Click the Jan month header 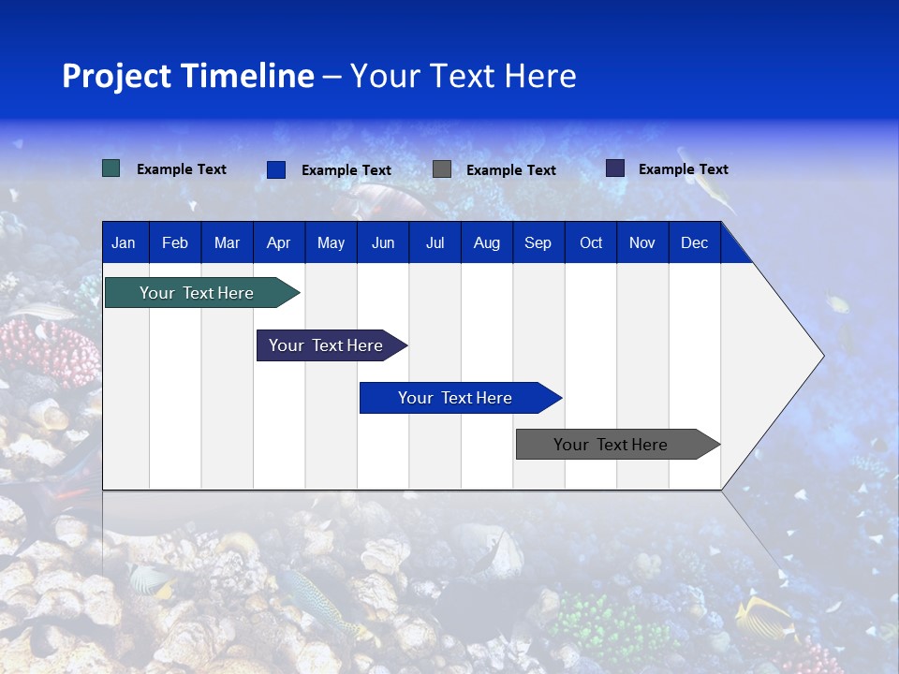(x=124, y=243)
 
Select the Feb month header (x=175, y=243)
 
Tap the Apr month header (x=278, y=243)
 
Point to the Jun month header (x=383, y=243)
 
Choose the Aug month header (x=486, y=243)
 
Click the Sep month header (x=538, y=243)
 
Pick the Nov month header (x=641, y=243)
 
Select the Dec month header (x=694, y=243)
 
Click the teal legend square (x=111, y=168)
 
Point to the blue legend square (x=276, y=169)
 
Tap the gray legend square (x=442, y=168)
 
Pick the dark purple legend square (x=615, y=168)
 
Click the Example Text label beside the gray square (x=510, y=170)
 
